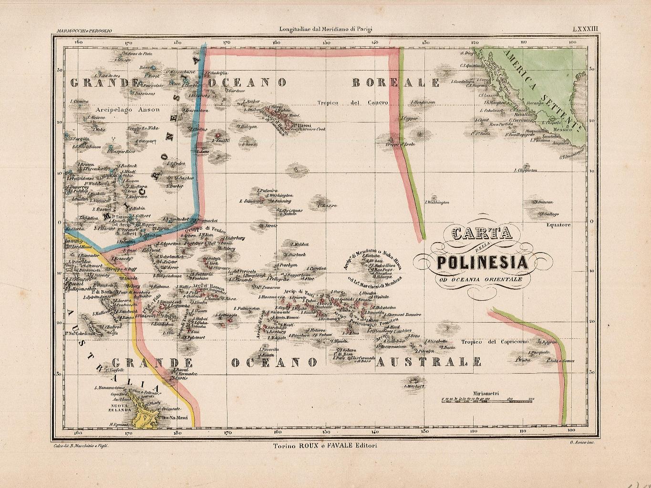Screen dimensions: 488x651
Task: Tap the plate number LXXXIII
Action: click(585, 29)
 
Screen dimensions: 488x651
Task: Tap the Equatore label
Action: click(558, 225)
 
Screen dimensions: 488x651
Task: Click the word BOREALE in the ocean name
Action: click(395, 83)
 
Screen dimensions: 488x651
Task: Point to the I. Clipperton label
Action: click(526, 170)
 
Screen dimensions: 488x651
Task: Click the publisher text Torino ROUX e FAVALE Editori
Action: click(325, 446)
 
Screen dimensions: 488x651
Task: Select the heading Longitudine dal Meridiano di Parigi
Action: click(325, 29)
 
